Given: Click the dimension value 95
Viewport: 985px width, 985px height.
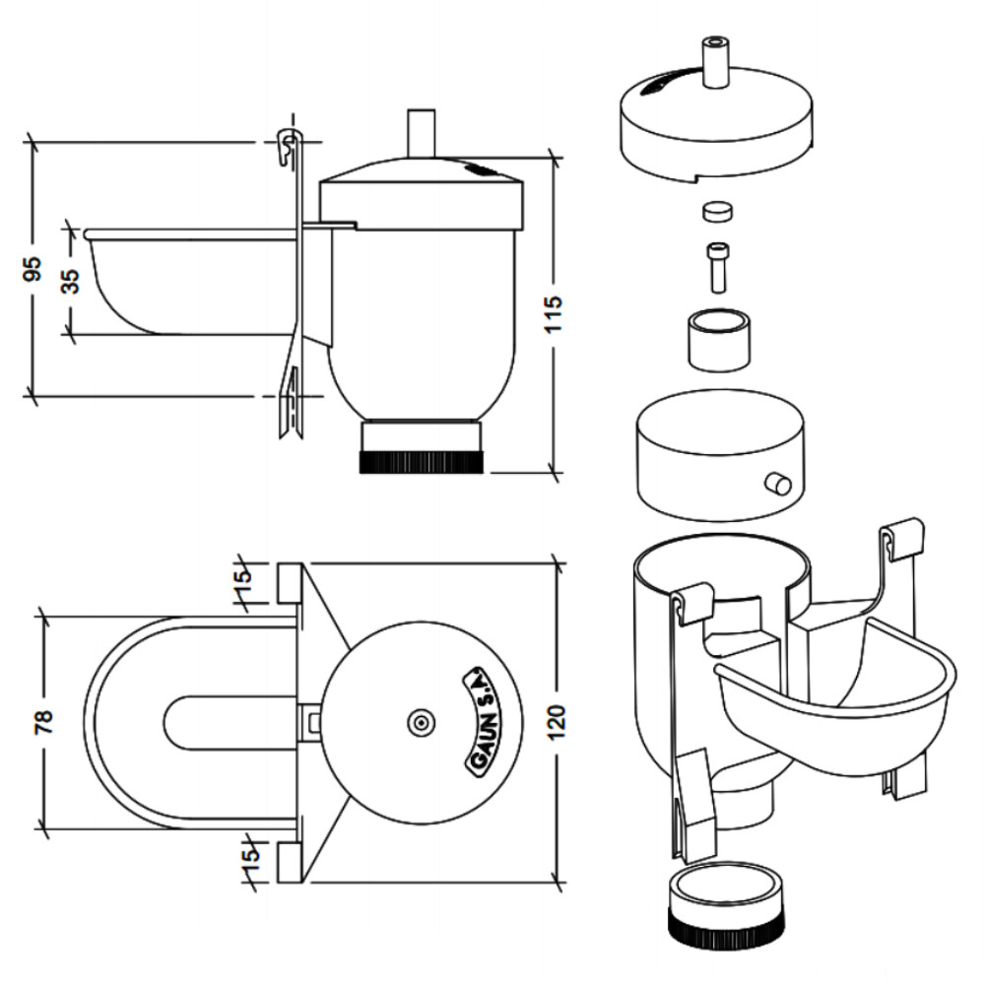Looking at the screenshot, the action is click(x=33, y=269).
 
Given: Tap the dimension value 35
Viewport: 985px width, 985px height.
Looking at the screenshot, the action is click(x=71, y=281).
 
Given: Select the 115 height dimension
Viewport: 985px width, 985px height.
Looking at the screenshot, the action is click(x=554, y=314).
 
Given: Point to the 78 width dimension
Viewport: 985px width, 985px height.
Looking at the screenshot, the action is click(x=45, y=722).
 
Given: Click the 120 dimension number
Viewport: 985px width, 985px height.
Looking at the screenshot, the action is click(x=556, y=722).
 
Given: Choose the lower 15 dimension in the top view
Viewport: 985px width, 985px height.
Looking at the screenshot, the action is click(x=249, y=856).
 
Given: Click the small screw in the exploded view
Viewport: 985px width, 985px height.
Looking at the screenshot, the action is click(x=718, y=268).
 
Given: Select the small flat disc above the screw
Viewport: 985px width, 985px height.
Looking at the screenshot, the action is click(x=717, y=211).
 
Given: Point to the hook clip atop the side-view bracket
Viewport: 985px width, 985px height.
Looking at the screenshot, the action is click(x=288, y=146).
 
